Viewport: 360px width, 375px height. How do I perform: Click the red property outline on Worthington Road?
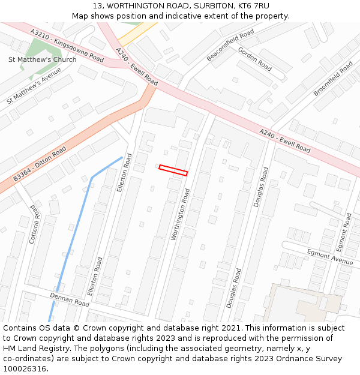pos(173,170)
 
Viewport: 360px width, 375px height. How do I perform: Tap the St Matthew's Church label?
pos(42,59)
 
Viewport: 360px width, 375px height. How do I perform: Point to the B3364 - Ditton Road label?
pos(40,164)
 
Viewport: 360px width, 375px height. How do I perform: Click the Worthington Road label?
pos(180,214)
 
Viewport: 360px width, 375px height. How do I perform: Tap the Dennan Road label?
pos(69,300)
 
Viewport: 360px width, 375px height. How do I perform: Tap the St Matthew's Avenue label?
pos(34,85)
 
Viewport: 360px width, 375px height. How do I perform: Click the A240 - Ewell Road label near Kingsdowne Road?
pos(137,66)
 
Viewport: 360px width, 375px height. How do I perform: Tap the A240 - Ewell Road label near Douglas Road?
pos(285,140)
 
